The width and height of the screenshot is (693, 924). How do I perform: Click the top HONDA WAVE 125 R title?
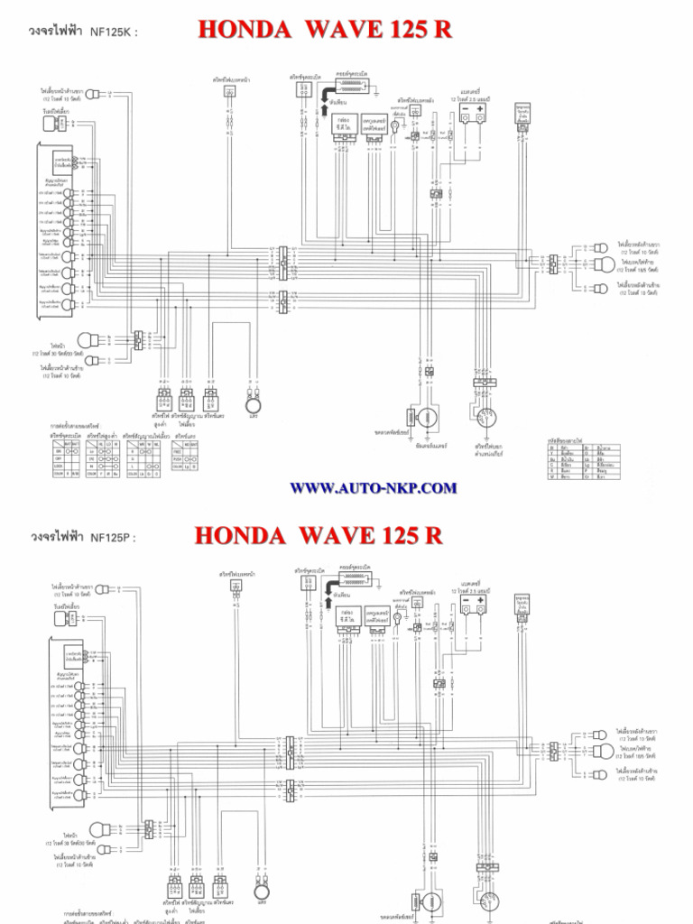click(x=324, y=30)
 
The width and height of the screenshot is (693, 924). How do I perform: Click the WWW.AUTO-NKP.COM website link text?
click(x=373, y=488)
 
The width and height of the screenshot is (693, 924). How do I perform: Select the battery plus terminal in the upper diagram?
click(x=480, y=110)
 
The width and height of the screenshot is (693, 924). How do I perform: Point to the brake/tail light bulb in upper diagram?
click(x=604, y=264)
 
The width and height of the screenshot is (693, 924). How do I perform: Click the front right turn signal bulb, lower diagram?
click(x=103, y=589)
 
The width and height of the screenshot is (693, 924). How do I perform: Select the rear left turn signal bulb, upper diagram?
click(x=600, y=289)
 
